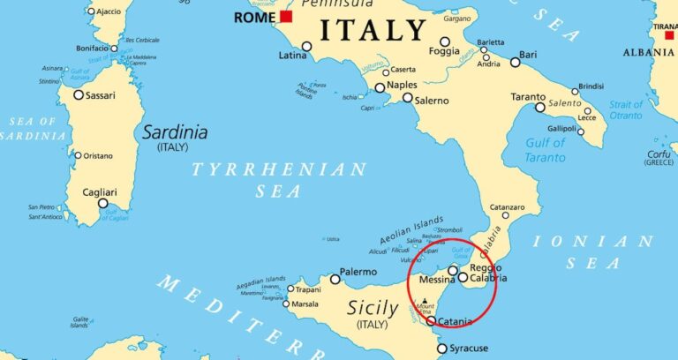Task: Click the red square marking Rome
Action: point(285,17)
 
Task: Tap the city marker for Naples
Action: point(380,87)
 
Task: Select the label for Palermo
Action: point(359,273)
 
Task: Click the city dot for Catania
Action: point(431,320)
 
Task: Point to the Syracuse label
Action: point(468,348)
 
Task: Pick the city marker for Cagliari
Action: point(103,203)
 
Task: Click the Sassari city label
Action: point(105,94)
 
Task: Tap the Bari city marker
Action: point(516,62)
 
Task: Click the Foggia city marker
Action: point(445,41)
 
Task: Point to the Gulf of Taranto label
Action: point(546,150)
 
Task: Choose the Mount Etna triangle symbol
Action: point(425,302)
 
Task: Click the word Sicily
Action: point(379,308)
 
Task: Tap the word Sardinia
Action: point(175,132)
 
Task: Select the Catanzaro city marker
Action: point(495,216)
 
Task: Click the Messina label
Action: point(437,281)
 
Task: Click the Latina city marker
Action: point(306,46)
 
